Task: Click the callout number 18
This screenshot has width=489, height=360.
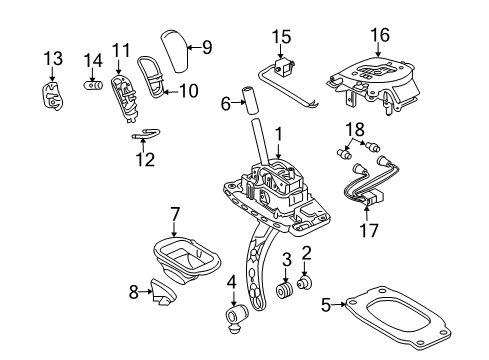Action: (353, 129)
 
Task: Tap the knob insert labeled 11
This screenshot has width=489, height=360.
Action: (123, 85)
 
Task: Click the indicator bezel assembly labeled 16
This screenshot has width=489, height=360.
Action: (375, 80)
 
